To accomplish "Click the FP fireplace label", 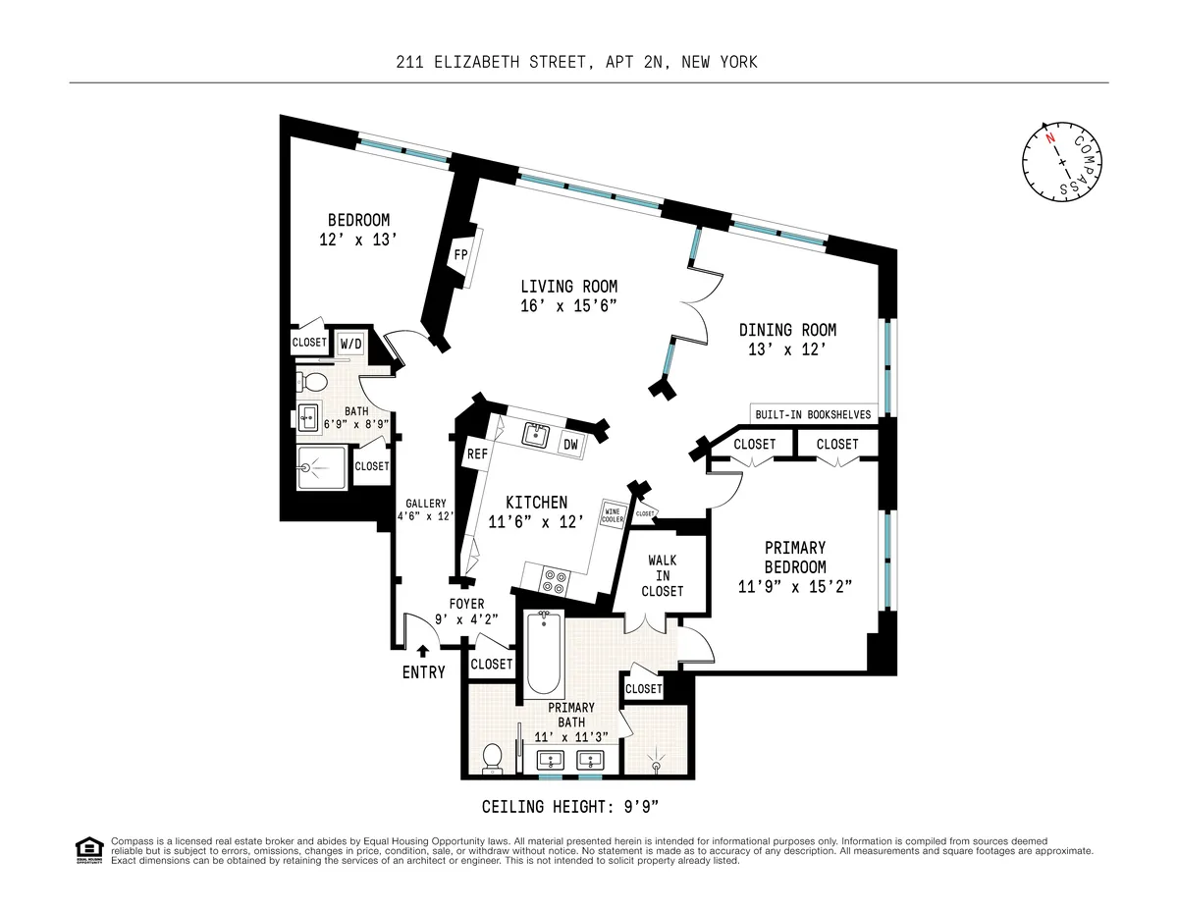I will click(x=459, y=254).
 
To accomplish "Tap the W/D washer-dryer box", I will click(x=349, y=344).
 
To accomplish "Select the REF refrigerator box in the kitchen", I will click(x=477, y=454).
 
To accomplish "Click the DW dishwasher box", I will click(x=570, y=445).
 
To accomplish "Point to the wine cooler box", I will click(x=615, y=513).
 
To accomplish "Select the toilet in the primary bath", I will click(x=494, y=757).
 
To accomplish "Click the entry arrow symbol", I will click(x=423, y=650).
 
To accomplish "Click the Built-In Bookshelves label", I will click(x=813, y=415).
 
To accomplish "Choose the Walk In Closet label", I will click(x=664, y=576).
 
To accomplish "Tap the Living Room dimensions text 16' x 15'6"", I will click(x=568, y=304).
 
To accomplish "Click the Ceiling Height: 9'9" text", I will click(x=570, y=807).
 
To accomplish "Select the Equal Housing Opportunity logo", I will click(x=89, y=849).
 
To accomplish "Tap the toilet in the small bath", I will click(x=308, y=381).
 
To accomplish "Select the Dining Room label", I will click(x=787, y=331).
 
